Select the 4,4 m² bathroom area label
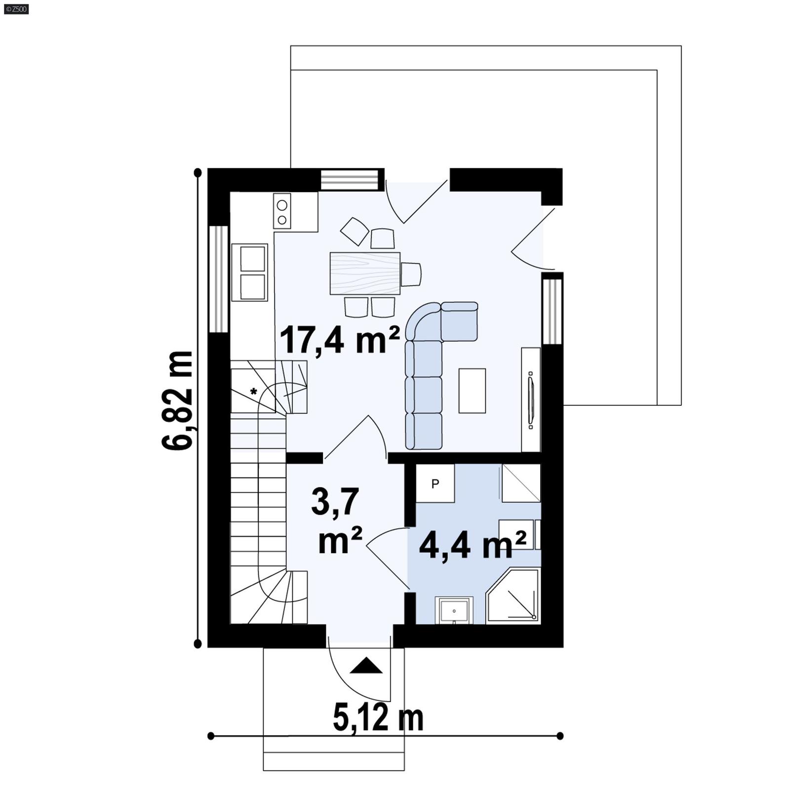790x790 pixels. [x=472, y=546]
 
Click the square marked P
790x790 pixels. [x=435, y=484]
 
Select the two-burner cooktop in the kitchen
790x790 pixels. [x=282, y=211]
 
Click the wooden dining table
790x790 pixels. [x=365, y=273]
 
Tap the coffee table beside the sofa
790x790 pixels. [x=472, y=391]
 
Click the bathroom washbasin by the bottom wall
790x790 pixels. [x=454, y=611]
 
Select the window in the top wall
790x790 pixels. [x=352, y=180]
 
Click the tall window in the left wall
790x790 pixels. [x=219, y=279]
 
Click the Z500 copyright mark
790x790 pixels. [x=16, y=8]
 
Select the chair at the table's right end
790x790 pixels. [x=411, y=275]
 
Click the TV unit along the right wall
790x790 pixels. [x=531, y=399]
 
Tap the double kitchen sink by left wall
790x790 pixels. [x=250, y=273]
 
